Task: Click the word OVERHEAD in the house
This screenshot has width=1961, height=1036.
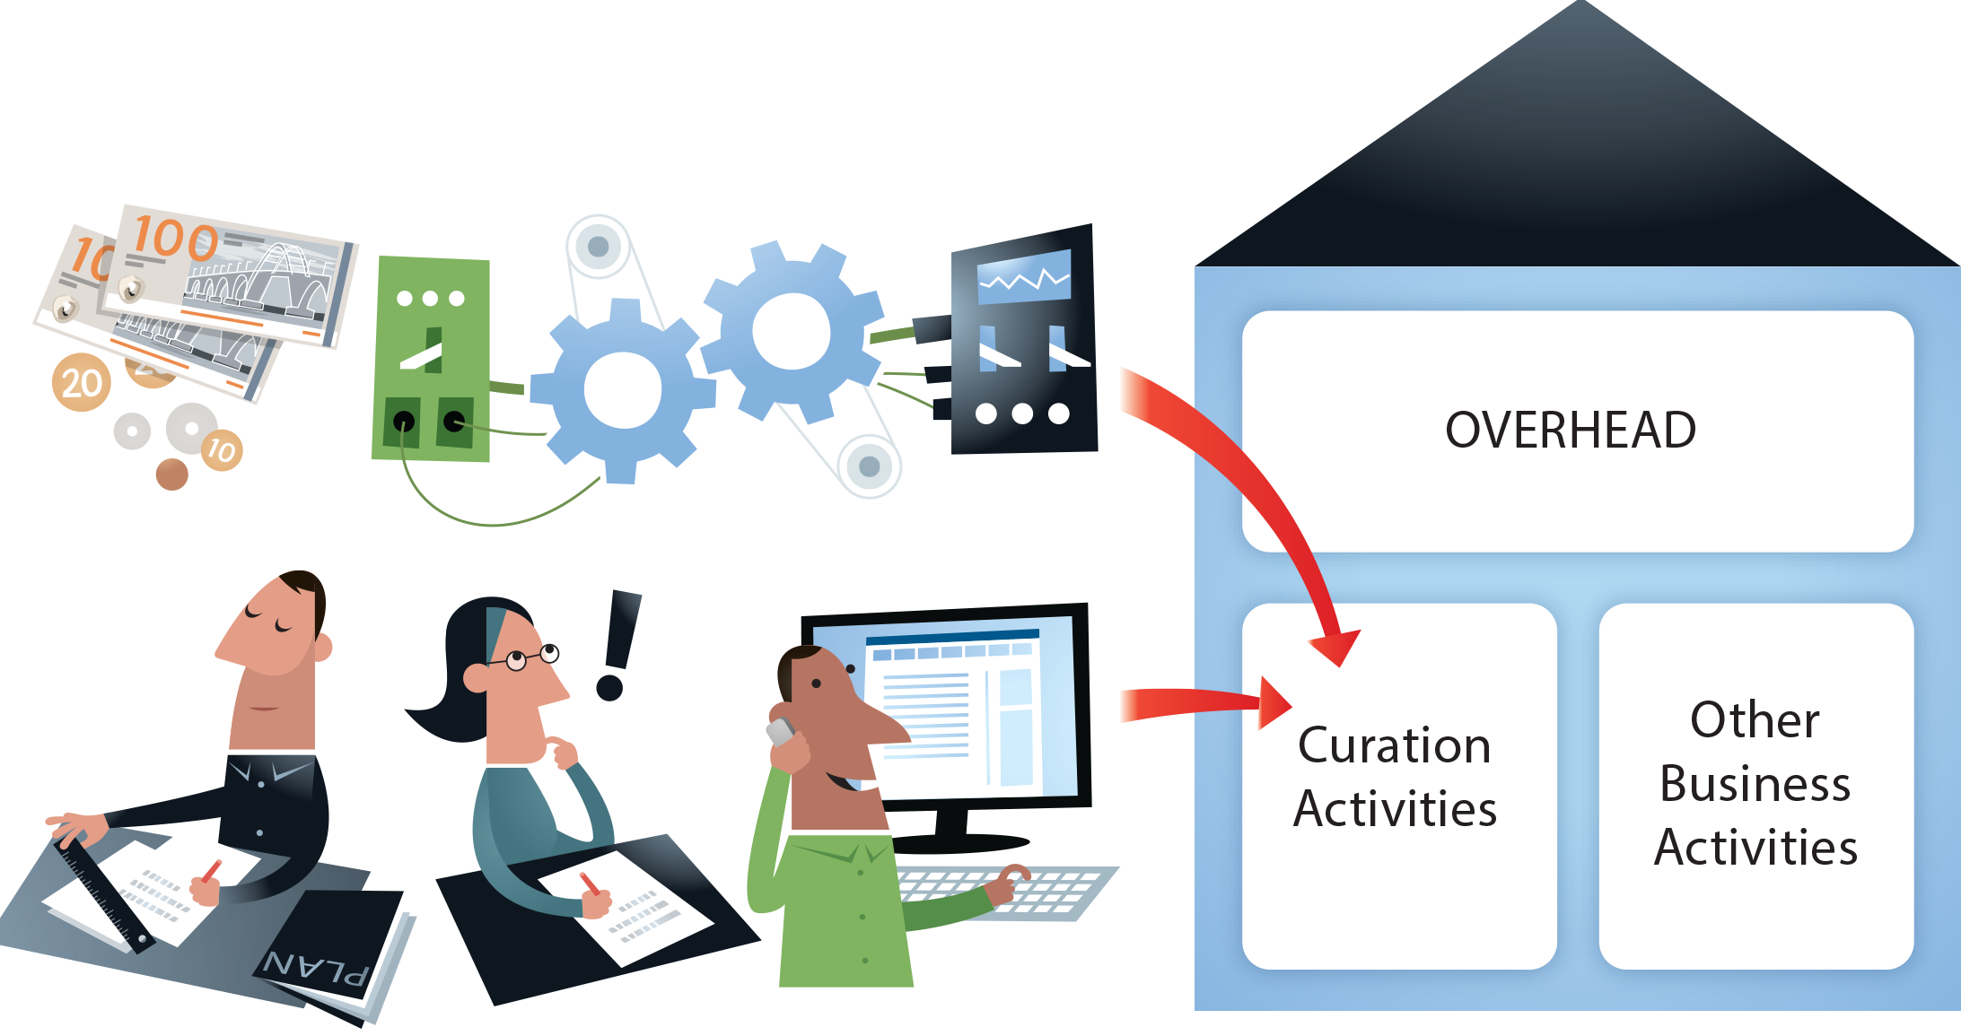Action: click(x=1570, y=430)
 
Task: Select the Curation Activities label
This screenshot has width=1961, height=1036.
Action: click(x=1395, y=777)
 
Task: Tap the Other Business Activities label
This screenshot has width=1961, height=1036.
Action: click(x=1755, y=783)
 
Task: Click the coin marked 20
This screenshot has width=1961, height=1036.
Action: click(x=81, y=383)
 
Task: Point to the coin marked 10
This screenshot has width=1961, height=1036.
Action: click(x=221, y=448)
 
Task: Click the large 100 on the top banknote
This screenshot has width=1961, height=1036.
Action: click(x=174, y=239)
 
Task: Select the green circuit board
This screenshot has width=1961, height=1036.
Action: click(x=432, y=359)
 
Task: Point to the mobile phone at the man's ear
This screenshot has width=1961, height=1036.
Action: click(x=781, y=732)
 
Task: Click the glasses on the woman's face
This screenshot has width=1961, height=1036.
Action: click(x=530, y=657)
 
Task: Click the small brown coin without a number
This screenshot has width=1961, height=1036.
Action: click(x=171, y=474)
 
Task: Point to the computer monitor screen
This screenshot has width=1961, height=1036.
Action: click(x=969, y=709)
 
